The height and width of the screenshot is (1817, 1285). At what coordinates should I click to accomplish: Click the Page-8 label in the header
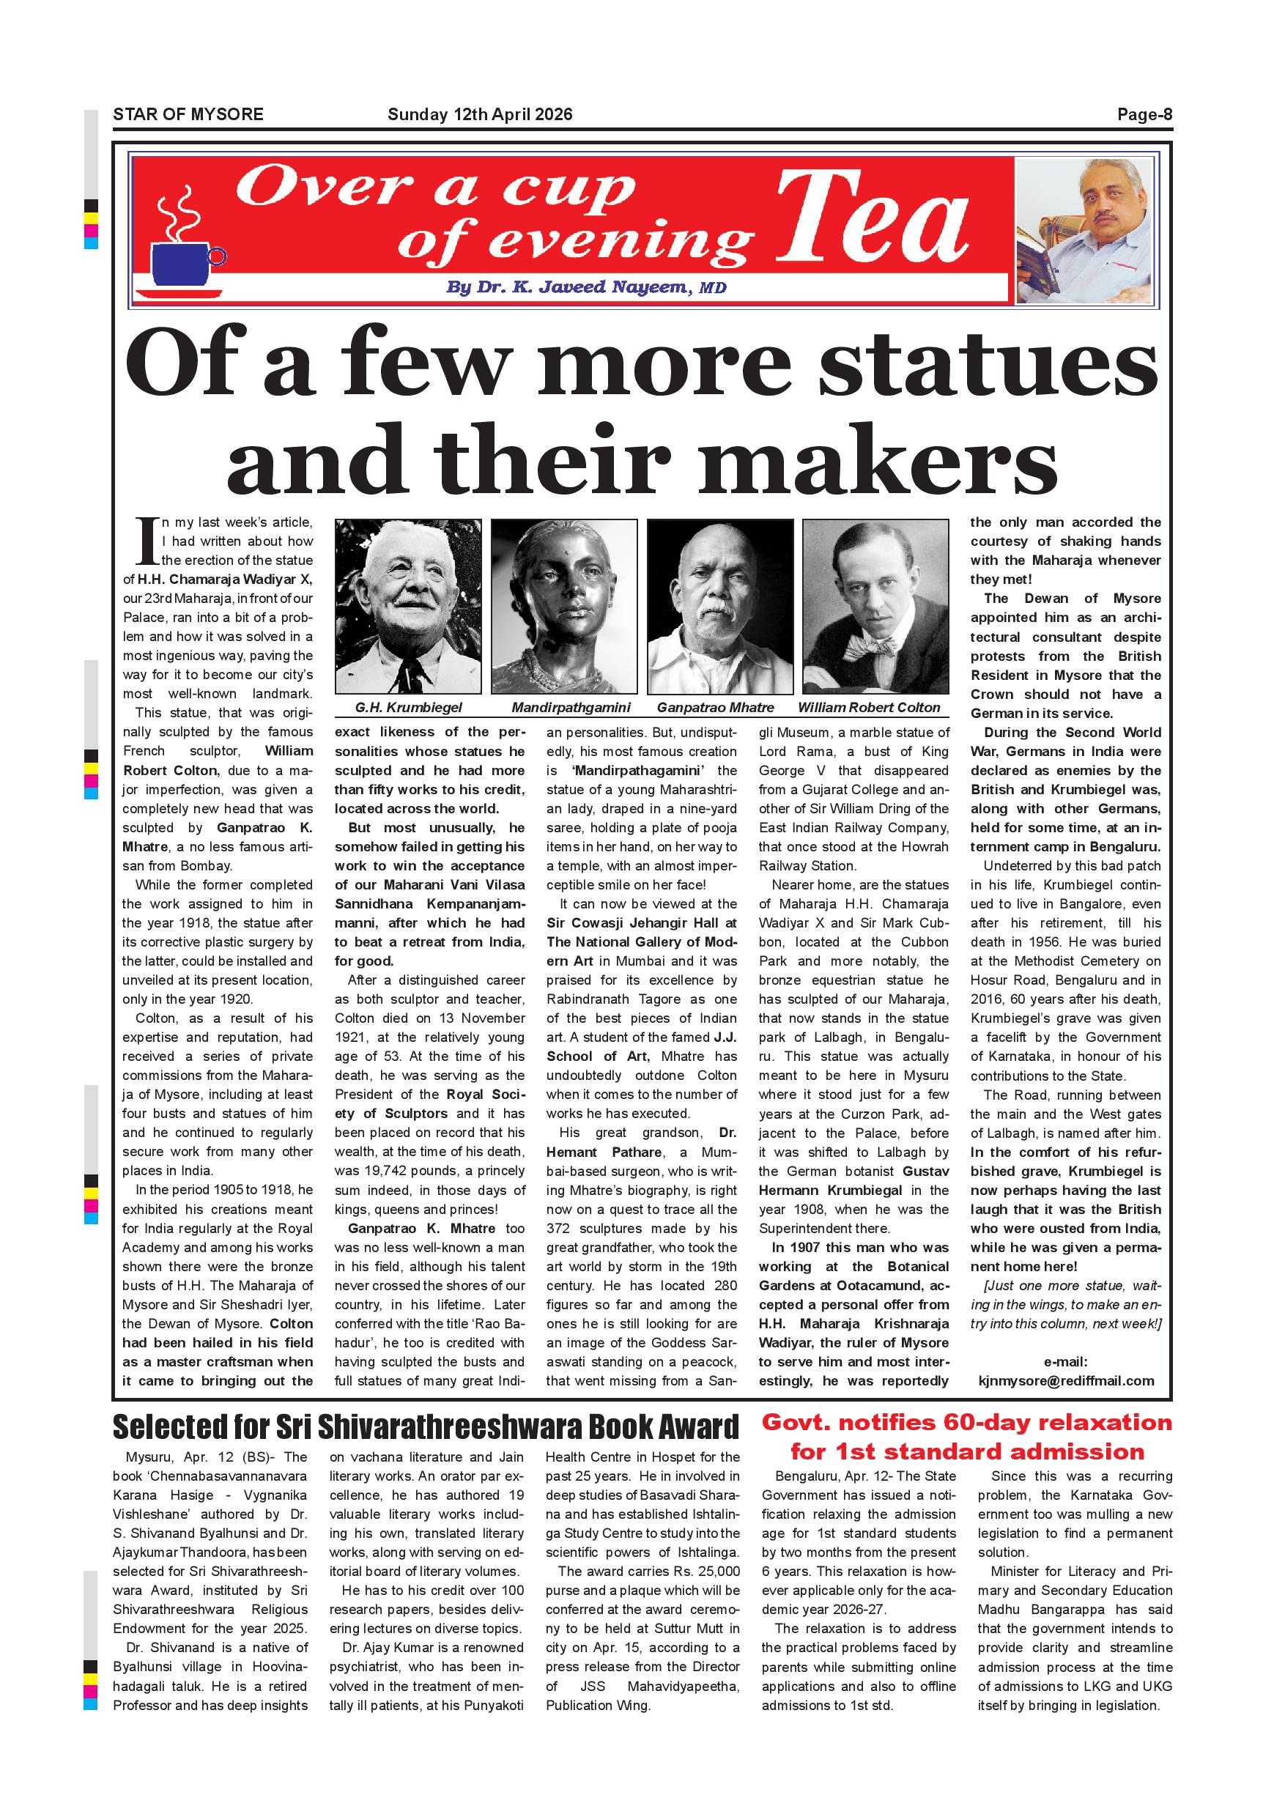(x=1144, y=114)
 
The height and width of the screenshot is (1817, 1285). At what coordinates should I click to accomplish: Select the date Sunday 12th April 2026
(x=480, y=114)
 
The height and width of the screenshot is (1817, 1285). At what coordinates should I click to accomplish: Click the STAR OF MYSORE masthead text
(x=188, y=114)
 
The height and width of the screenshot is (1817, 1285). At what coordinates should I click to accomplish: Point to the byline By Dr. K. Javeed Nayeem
(x=585, y=287)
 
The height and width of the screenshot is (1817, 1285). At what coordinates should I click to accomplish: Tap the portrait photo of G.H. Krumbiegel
(x=407, y=605)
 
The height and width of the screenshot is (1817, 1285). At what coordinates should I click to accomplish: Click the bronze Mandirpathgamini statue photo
(x=563, y=605)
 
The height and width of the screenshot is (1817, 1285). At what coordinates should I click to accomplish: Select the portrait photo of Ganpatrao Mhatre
(x=720, y=605)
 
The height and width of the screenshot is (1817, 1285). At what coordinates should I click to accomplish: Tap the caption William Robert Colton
(x=868, y=708)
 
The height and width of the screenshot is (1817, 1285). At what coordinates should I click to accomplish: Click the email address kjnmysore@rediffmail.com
(x=1066, y=1381)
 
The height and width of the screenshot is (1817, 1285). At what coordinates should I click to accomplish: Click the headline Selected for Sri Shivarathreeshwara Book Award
(x=426, y=1426)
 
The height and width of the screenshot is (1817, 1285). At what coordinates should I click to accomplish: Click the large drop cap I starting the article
(x=147, y=541)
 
